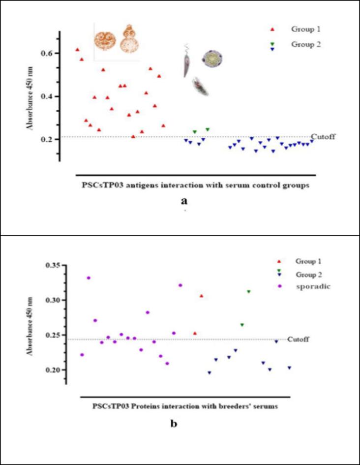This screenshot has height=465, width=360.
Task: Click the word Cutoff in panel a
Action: pos(323,136)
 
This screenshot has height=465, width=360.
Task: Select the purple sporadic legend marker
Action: pos(279,286)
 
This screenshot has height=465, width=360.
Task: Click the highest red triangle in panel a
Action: pos(77,50)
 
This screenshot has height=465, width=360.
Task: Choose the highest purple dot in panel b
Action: pos(89,278)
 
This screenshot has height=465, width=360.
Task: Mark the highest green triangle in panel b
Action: pos(249,292)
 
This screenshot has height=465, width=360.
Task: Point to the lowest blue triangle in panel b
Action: pos(210,373)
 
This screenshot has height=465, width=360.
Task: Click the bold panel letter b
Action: pos(174,423)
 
